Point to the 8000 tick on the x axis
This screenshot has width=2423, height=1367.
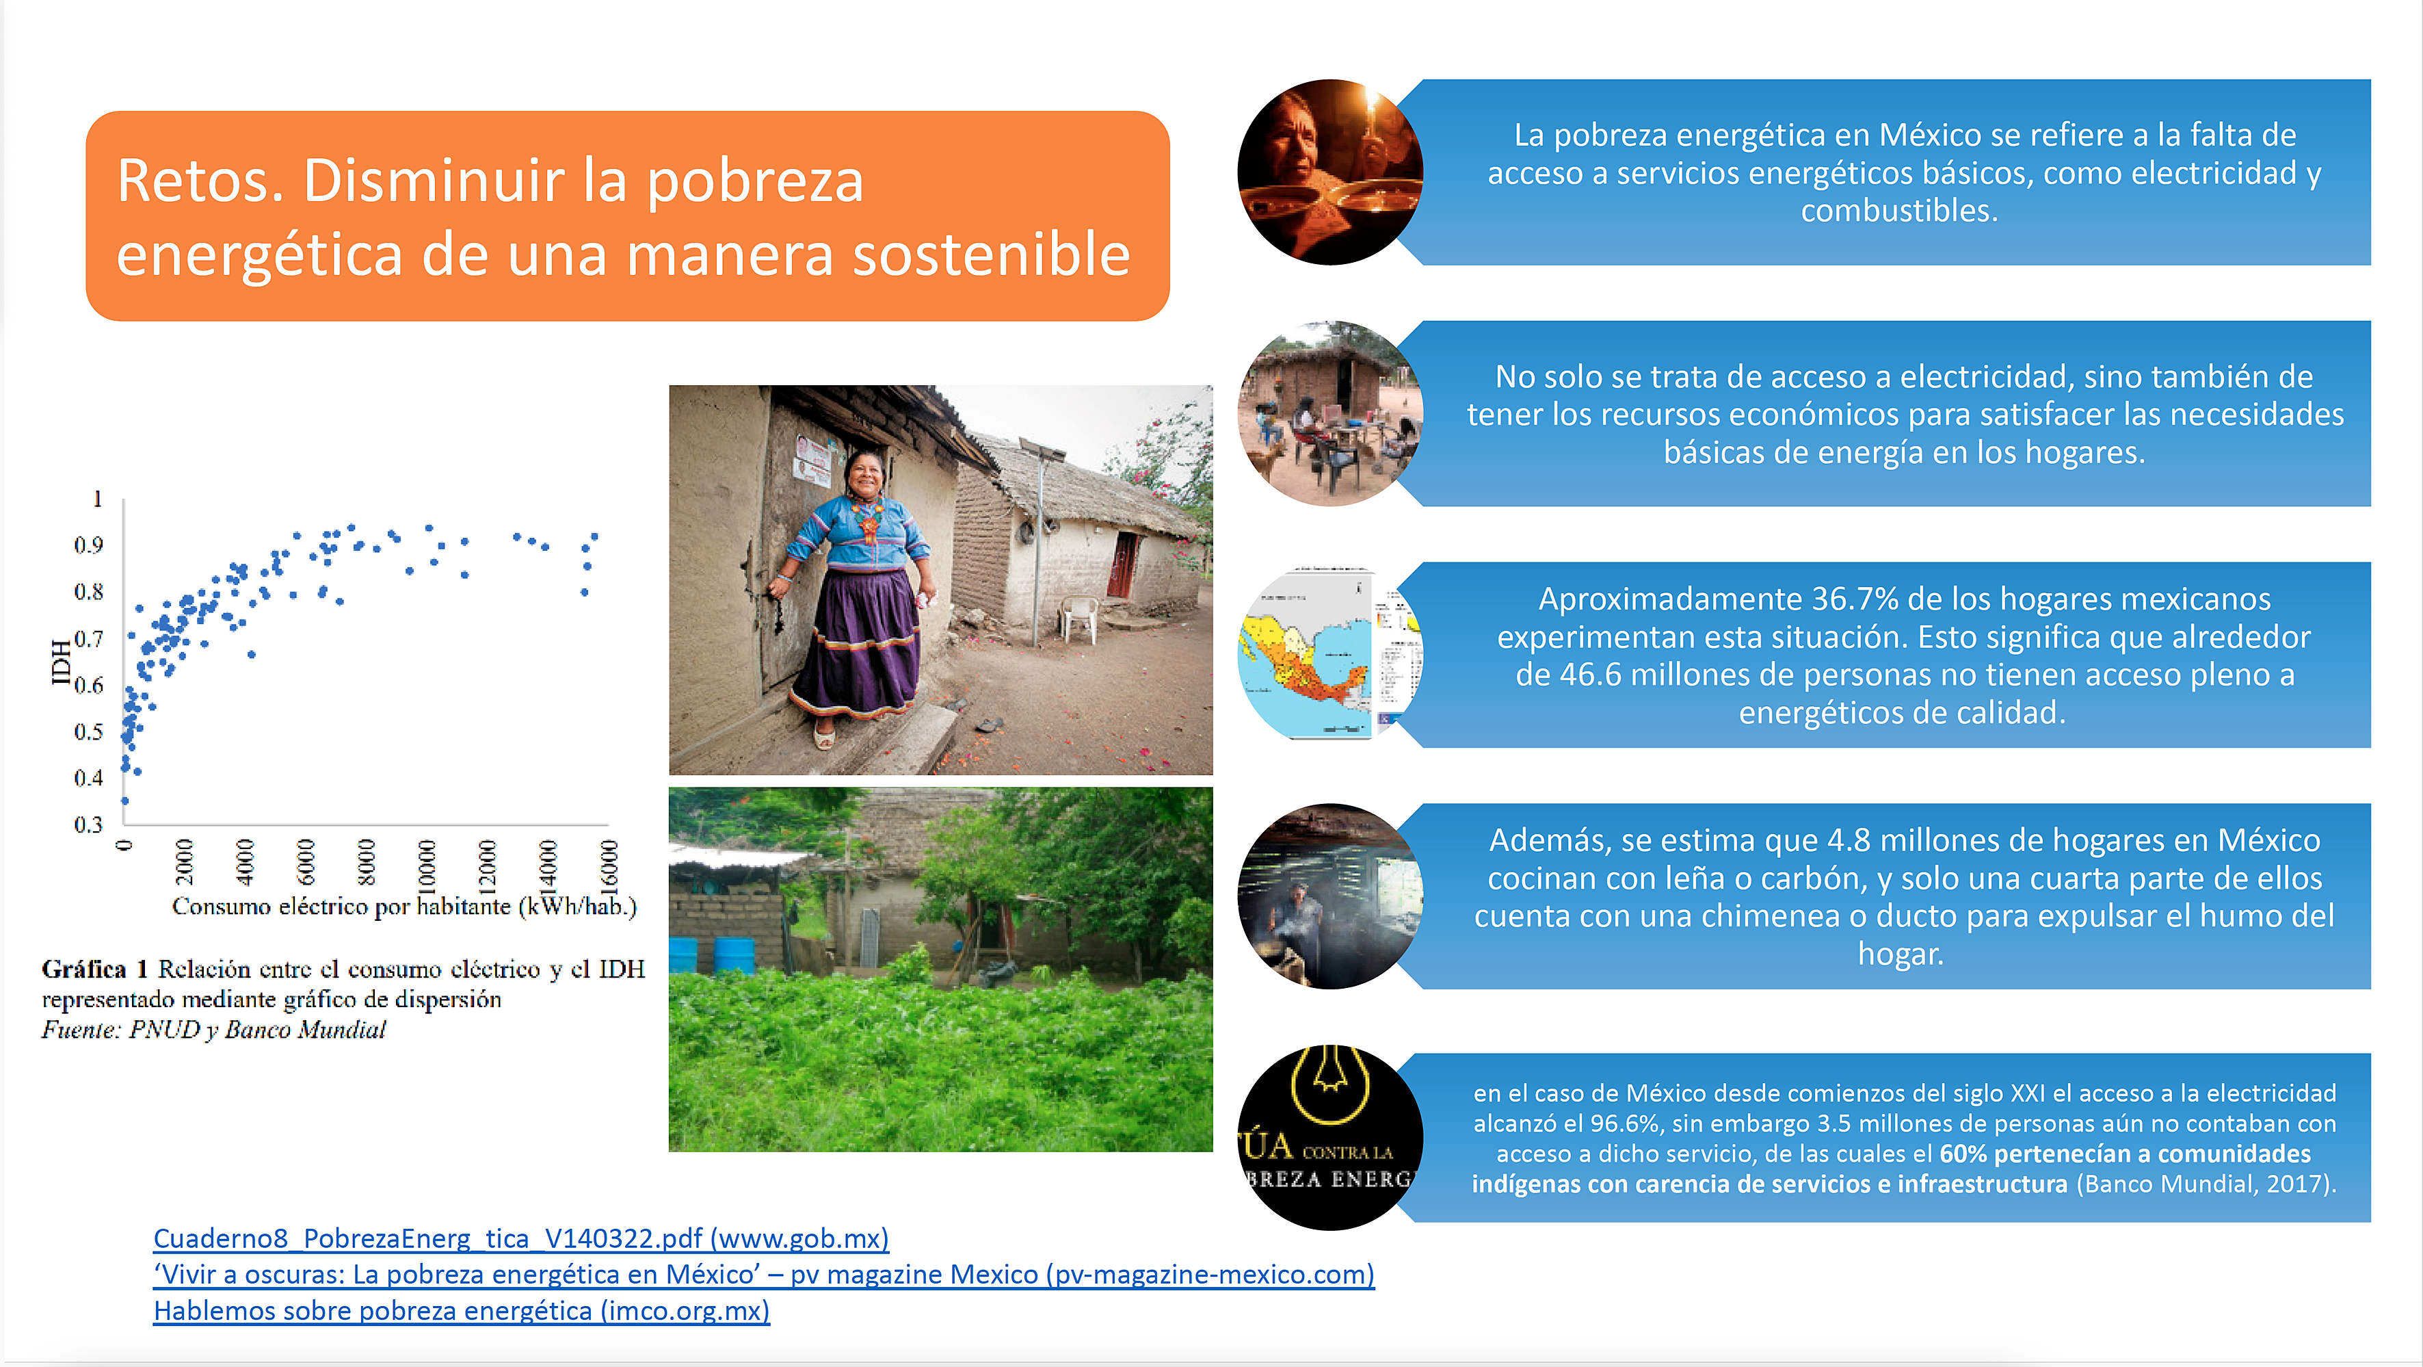pos(366,862)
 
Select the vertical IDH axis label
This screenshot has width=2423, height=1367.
pos(60,662)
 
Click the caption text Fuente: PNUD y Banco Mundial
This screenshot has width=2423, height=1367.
pos(213,1030)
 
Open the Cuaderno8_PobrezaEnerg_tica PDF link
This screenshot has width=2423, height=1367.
pos(521,1238)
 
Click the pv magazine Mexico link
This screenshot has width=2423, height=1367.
pos(764,1275)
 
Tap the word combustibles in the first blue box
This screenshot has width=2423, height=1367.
pos(1899,211)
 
